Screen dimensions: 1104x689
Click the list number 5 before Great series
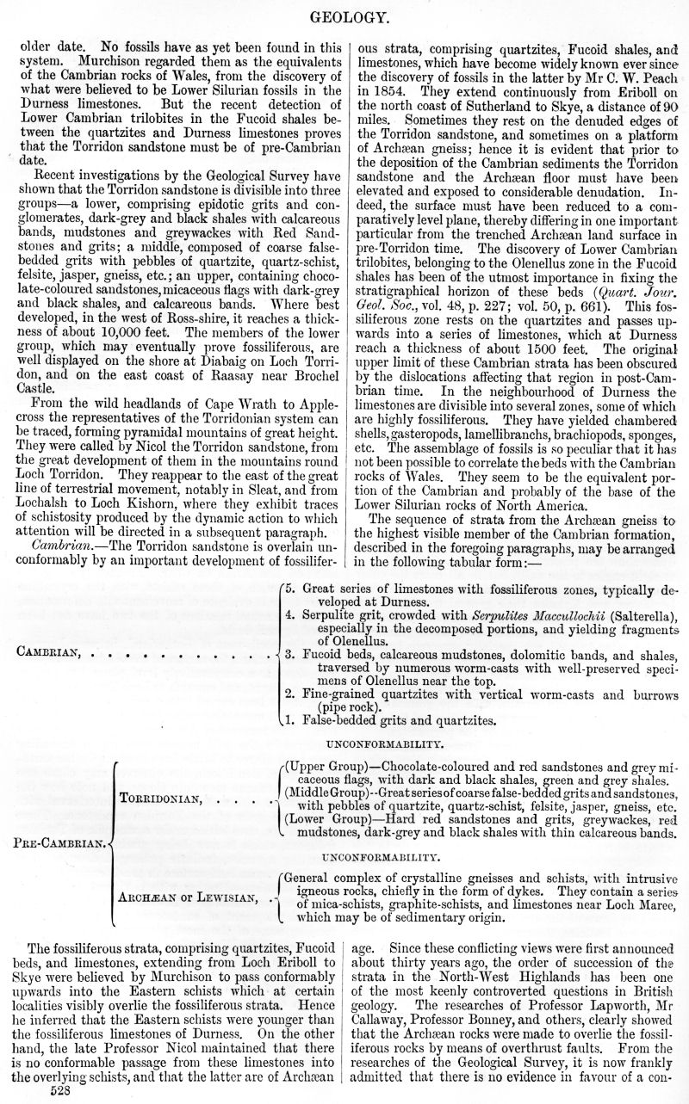290,587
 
